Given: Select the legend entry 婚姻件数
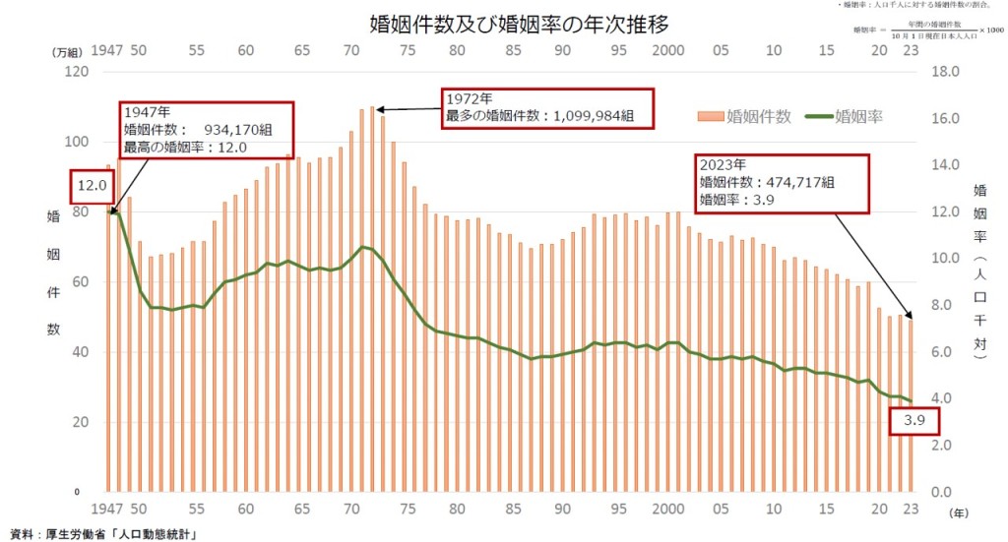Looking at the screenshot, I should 757,117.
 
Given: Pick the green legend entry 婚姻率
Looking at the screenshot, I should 858,117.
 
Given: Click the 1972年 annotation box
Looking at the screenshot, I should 539,107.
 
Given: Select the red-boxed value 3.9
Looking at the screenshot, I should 913,423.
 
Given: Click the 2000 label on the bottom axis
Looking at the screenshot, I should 668,512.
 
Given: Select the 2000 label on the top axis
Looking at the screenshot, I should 668,50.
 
